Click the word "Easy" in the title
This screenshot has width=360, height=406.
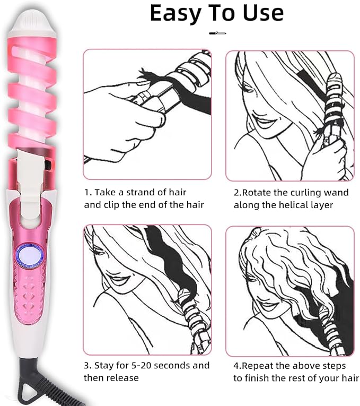[175, 13]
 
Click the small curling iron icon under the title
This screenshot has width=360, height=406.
[217, 33]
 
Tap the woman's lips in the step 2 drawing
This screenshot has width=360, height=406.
[264, 123]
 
